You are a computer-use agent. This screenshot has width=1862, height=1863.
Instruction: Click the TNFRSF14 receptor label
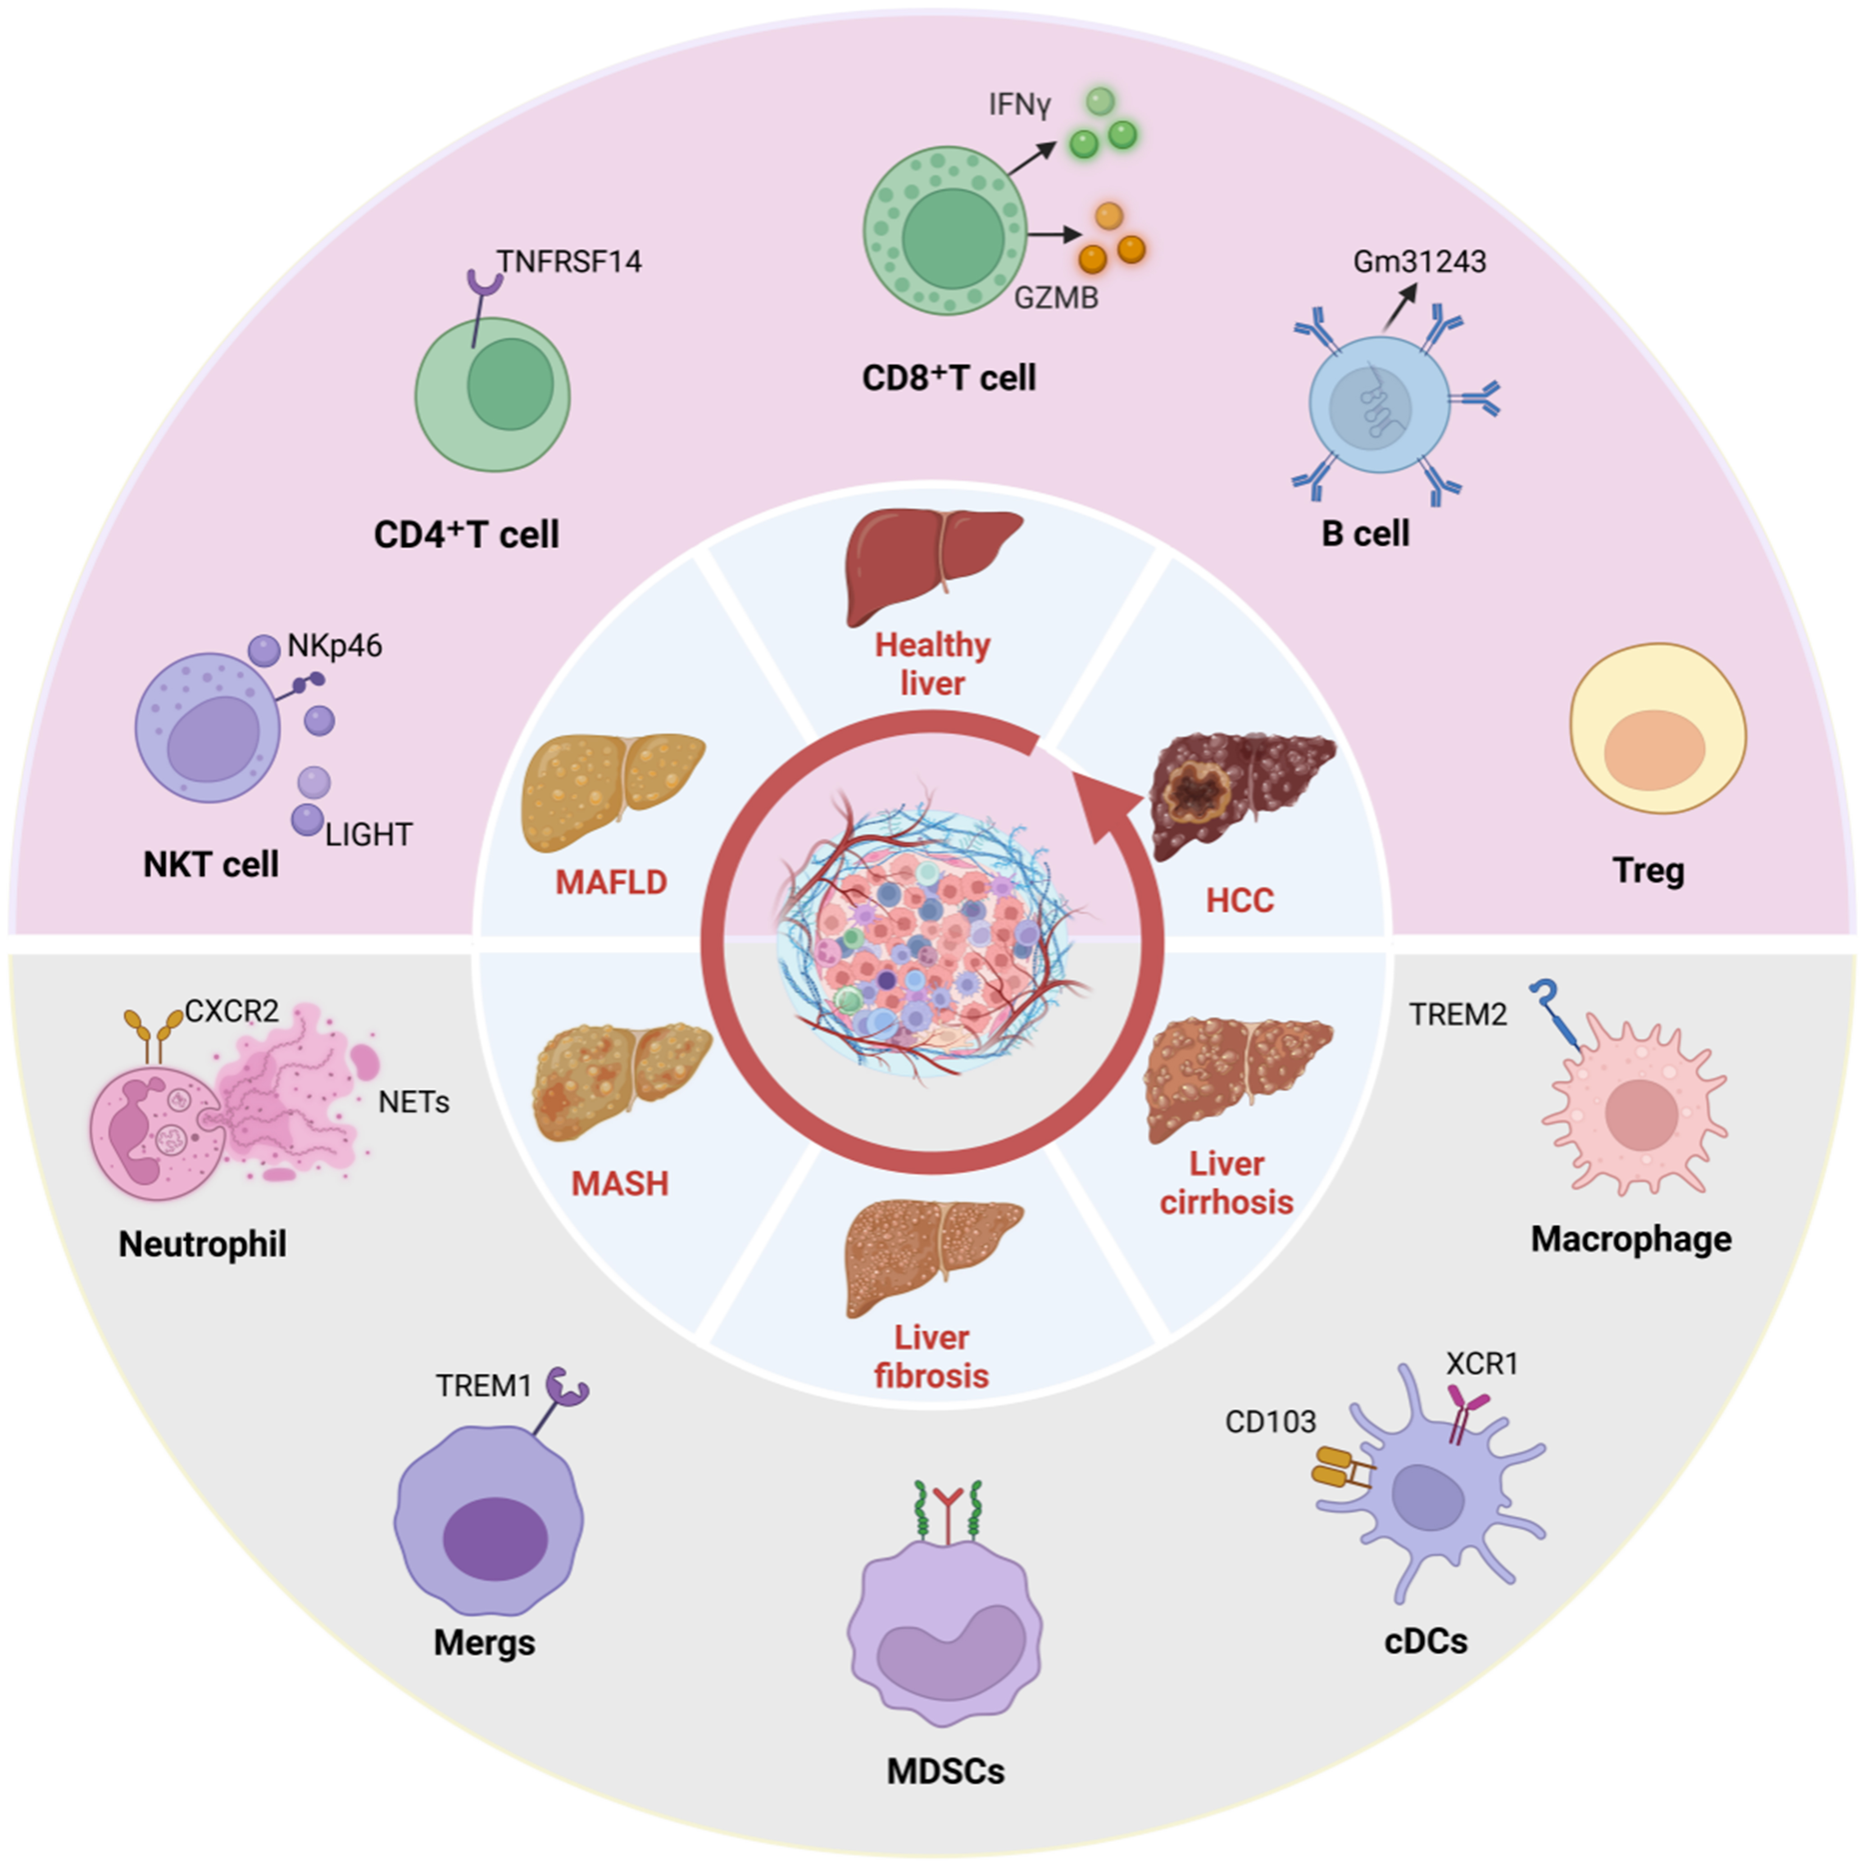tap(569, 261)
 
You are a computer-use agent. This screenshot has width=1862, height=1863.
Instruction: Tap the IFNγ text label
tap(1019, 104)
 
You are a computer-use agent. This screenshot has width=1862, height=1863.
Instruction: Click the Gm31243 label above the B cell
tap(1419, 261)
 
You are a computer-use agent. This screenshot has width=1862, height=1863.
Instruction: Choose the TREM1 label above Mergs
tap(483, 1386)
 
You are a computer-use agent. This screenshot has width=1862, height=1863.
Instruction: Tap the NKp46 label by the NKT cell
tap(335, 645)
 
